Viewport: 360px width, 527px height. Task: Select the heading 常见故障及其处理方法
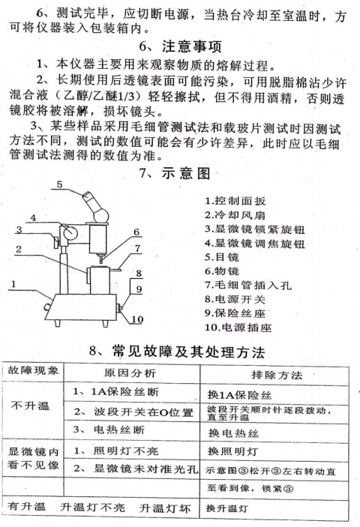[x=187, y=351]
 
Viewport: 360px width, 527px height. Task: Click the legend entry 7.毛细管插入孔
[x=244, y=285]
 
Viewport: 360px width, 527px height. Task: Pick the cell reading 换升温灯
[x=232, y=511]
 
